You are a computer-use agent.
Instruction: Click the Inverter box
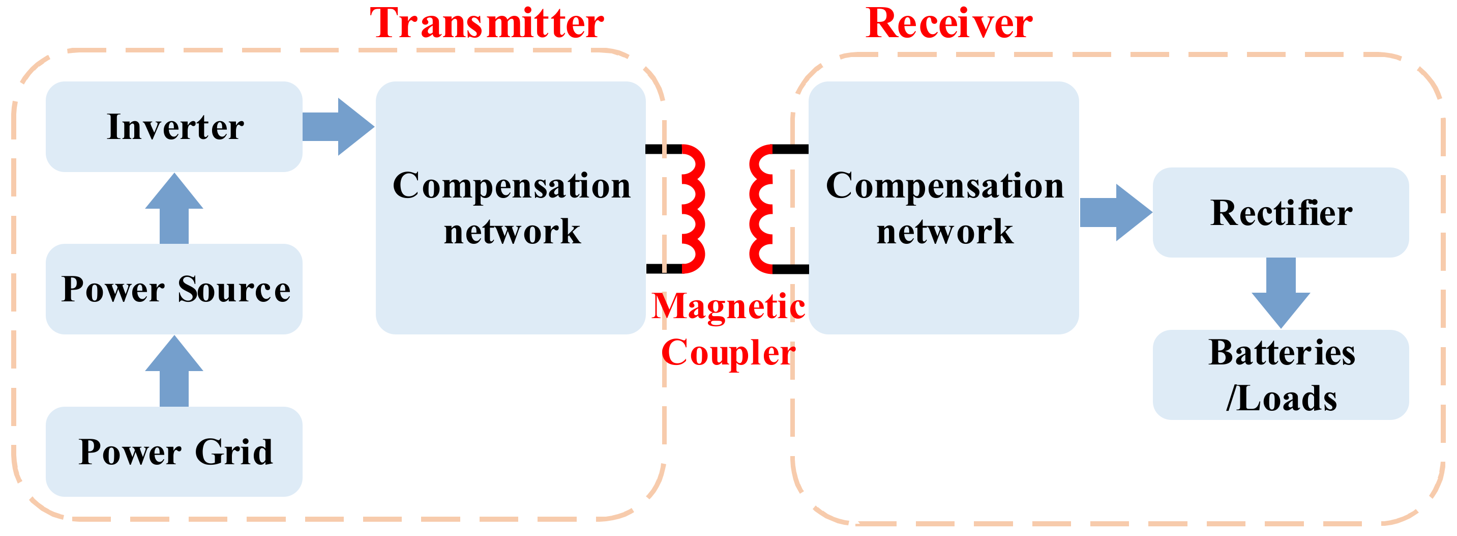pos(174,126)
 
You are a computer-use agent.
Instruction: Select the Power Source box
pos(174,289)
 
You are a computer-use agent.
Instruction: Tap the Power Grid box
pos(174,452)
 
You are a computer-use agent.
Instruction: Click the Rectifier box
pos(1281,213)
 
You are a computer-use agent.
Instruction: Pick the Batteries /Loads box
pos(1281,375)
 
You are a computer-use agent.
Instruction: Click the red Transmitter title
pos(486,24)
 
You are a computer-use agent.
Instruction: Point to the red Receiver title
pos(949,24)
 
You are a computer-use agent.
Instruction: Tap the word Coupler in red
pos(728,353)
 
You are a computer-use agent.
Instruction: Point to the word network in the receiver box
pos(944,232)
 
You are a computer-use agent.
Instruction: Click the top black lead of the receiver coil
pos(791,149)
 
